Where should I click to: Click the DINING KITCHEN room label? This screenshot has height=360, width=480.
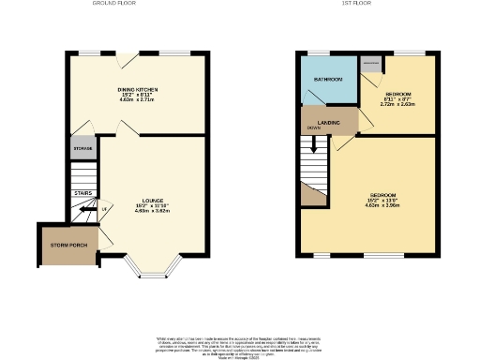point(137,88)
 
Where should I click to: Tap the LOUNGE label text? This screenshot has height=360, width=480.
point(152,201)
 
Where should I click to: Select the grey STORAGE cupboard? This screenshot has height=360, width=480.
point(83,148)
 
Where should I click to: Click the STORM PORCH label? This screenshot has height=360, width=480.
point(67,245)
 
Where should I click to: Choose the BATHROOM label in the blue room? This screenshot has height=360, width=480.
point(327,80)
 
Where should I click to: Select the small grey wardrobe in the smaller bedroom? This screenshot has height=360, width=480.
point(370,65)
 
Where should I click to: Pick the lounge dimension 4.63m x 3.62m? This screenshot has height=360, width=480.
point(152,211)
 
